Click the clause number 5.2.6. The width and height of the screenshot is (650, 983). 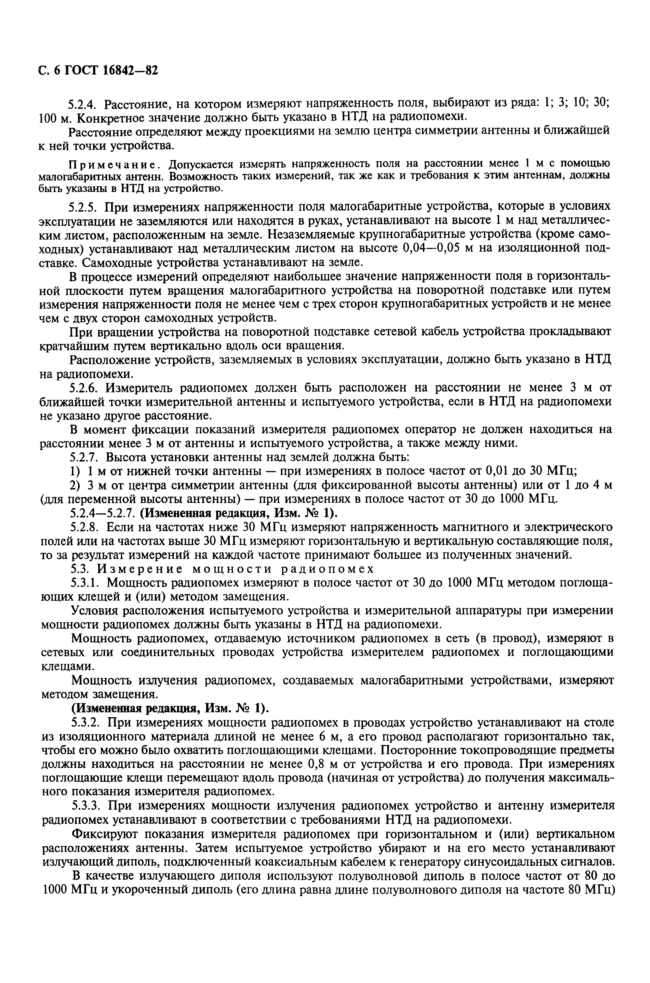pyautogui.click(x=84, y=388)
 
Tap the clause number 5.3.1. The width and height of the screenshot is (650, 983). pyautogui.click(x=84, y=583)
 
